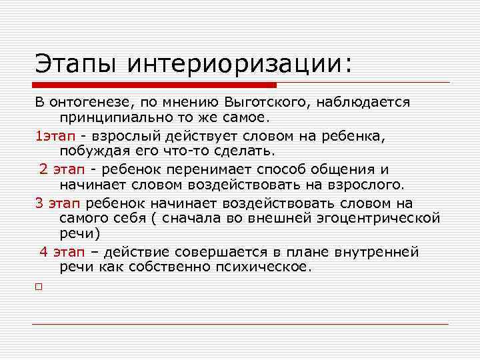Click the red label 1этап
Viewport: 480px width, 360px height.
tap(55, 135)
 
